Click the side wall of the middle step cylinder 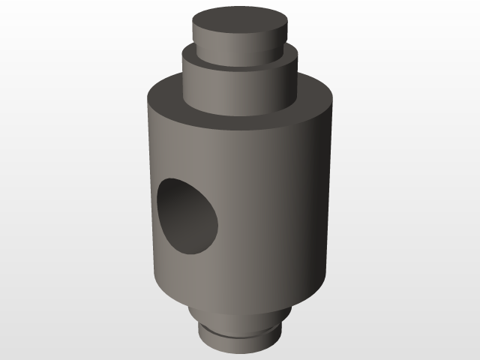tap(240, 90)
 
